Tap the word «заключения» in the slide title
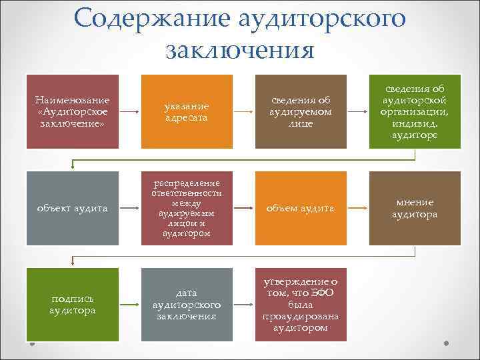[239, 49]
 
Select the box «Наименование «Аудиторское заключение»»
[73, 111]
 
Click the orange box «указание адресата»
[187, 111]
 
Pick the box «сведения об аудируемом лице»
[301, 111]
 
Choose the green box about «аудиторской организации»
[415, 111]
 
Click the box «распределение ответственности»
[187, 208]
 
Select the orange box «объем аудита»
[301, 208]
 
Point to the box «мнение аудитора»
[415, 208]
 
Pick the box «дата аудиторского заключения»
[187, 305]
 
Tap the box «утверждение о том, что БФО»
[301, 305]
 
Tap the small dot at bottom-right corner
[447, 345]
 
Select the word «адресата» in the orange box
[187, 117]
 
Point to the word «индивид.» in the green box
[415, 123]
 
